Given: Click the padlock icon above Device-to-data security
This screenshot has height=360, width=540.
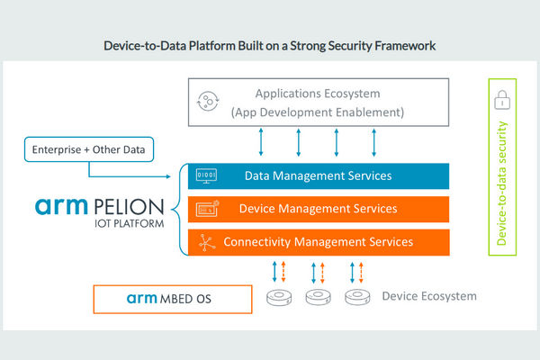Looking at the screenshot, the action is [502, 100].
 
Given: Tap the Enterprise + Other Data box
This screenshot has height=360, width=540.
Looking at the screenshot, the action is [89, 149].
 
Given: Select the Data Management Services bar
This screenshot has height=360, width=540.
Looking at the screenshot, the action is [319, 176].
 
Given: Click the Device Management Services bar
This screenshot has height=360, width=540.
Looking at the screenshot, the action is [319, 209].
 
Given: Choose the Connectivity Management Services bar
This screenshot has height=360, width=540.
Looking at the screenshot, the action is [319, 242].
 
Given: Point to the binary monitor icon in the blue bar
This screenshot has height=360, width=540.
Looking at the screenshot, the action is [206, 176].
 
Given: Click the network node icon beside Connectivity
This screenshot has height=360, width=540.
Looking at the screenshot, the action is [207, 242].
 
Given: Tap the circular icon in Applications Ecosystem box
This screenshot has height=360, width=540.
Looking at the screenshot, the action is [208, 102].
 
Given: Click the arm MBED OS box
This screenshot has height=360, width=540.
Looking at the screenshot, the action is [173, 299].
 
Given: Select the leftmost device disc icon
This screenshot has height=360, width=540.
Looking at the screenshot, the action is [279, 298].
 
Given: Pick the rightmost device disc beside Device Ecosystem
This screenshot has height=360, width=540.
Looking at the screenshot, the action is [357, 298].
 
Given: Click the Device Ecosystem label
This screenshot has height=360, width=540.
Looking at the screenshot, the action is [429, 296].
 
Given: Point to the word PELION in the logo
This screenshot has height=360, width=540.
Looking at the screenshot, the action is [129, 207].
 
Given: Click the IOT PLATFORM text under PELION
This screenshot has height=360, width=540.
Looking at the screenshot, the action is [129, 223].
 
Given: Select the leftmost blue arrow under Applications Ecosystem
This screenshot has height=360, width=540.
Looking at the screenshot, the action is [261, 142].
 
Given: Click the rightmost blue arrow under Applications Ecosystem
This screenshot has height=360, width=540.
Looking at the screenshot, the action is [374, 142].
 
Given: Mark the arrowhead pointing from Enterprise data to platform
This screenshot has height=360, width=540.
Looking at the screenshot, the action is [169, 176].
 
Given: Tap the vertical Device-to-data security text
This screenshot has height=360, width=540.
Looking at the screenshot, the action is [502, 184].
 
